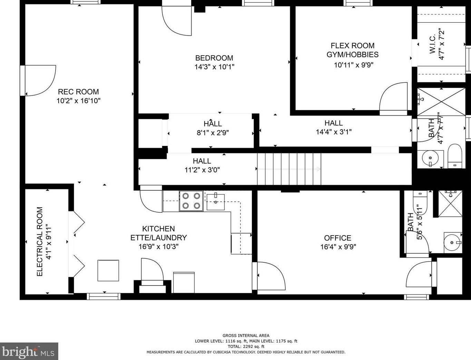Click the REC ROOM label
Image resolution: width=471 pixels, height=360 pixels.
[78, 92]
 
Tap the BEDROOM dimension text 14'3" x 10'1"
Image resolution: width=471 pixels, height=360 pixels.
[214, 67]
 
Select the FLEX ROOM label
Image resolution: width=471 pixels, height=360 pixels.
[352, 46]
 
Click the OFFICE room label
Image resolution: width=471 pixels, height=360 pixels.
[337, 238]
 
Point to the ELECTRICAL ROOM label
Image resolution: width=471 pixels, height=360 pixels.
[40, 241]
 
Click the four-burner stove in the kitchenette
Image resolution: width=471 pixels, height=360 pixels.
[191, 201]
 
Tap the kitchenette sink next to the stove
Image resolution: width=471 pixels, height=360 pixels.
[216, 201]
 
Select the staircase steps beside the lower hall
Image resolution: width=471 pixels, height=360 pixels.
[289, 169]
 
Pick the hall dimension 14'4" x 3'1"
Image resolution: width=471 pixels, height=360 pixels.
[334, 132]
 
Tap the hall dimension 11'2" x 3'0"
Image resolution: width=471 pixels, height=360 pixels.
[202, 170]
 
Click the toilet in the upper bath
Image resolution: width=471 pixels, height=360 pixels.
[455, 156]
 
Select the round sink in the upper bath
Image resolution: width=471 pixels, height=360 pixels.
[430, 158]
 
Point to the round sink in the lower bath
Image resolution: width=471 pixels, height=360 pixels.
[452, 242]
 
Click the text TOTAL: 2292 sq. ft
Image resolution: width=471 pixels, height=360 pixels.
[246, 346]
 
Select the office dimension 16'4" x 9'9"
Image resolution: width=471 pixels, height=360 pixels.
[338, 247]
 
